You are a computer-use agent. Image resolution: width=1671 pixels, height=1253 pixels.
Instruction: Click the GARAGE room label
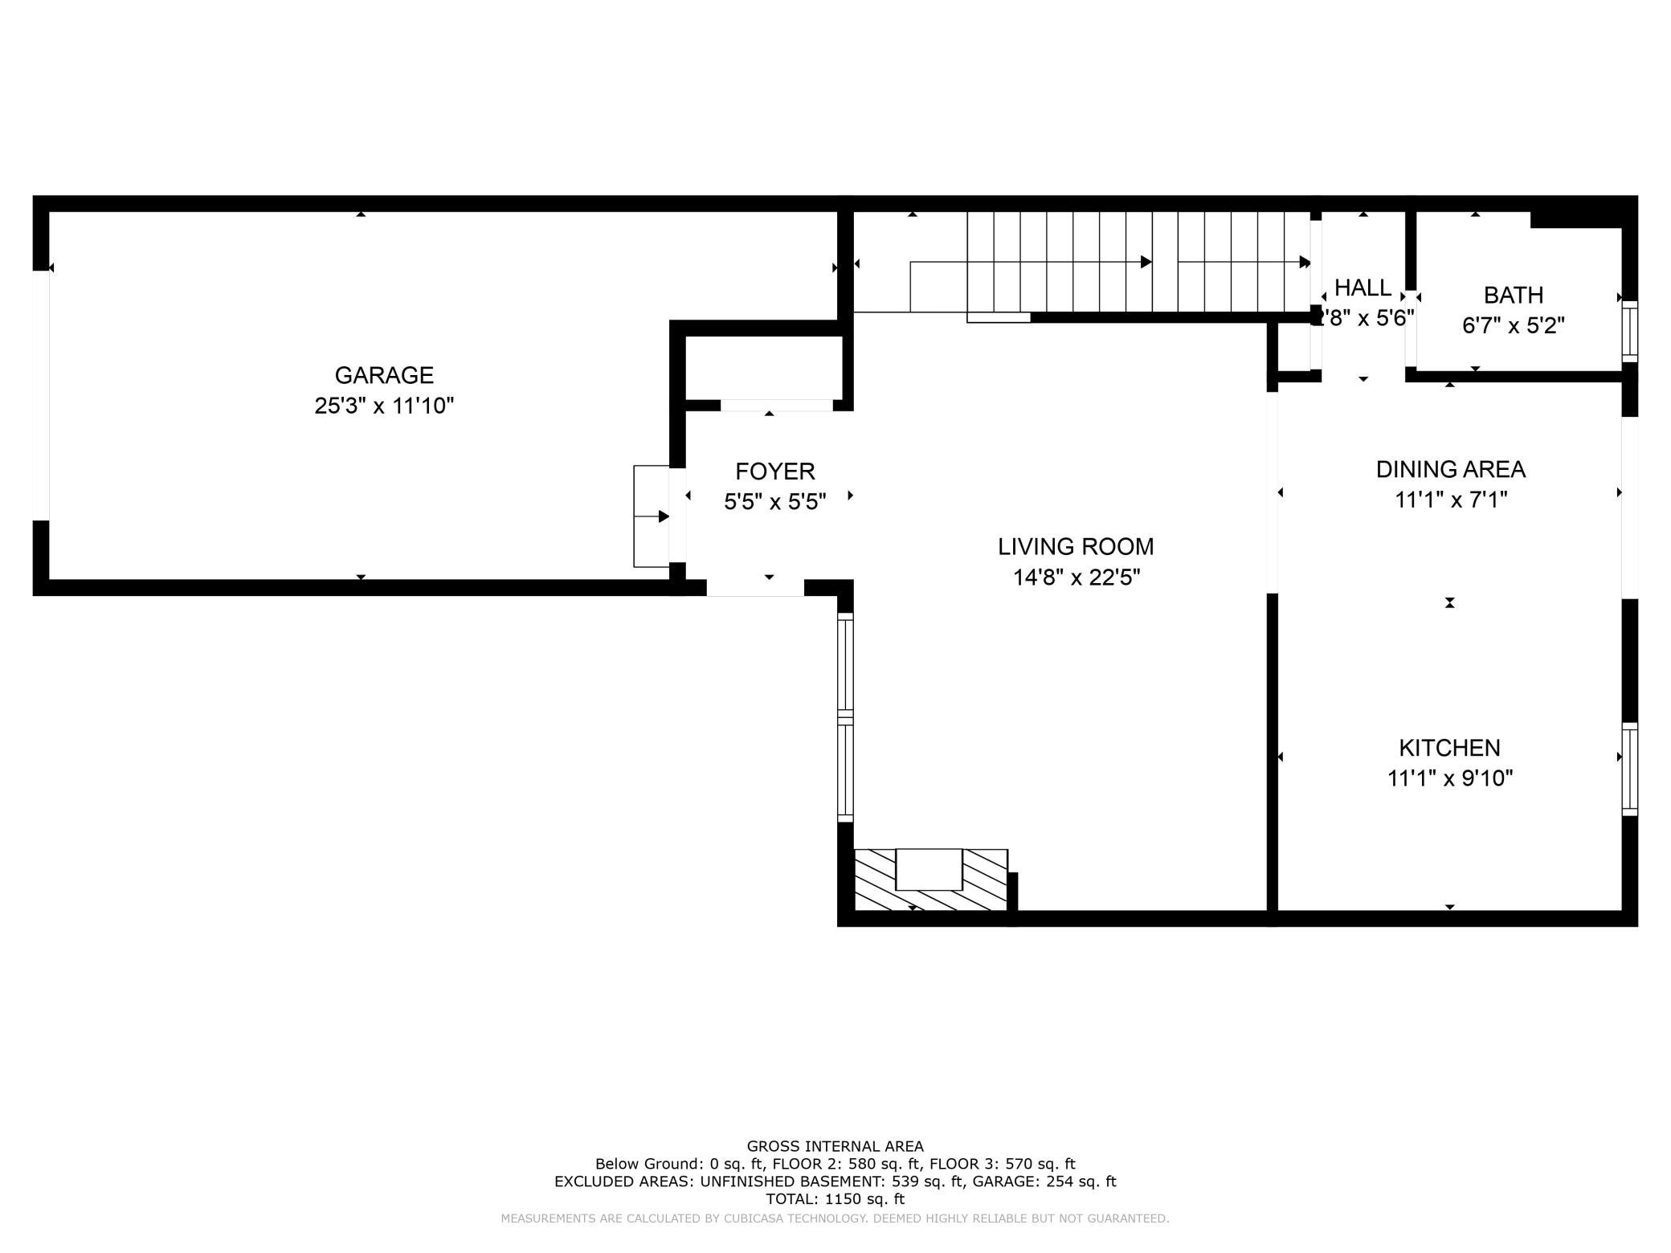[x=384, y=375]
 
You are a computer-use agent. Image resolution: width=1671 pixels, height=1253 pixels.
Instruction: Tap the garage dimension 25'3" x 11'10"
[x=384, y=406]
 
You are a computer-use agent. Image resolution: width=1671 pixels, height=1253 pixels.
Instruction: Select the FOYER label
[x=775, y=471]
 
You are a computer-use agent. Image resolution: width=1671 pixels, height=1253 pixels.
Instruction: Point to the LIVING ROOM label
[x=1076, y=546]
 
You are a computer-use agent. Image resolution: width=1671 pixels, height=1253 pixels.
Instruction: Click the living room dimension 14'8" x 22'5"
[x=1077, y=578]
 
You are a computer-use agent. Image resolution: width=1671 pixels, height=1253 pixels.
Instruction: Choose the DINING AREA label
[x=1451, y=469]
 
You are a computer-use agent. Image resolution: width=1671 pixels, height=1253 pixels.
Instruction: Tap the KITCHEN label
[x=1450, y=748]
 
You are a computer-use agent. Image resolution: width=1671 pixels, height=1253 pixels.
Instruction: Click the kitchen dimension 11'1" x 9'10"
[x=1450, y=778]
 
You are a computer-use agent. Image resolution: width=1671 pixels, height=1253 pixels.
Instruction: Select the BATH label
[x=1514, y=295]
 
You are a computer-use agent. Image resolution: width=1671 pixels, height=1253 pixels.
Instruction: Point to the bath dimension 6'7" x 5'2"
[x=1514, y=325]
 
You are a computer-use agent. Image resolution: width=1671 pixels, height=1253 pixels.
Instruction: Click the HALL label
[x=1363, y=288]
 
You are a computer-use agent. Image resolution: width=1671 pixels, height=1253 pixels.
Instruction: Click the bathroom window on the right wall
[x=1629, y=332]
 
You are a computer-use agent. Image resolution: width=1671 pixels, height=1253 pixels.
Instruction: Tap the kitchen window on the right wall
[x=1629, y=769]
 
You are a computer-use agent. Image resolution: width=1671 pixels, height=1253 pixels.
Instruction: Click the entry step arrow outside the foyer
[x=652, y=516]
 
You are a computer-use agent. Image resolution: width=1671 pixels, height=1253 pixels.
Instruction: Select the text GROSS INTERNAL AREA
[x=835, y=1146]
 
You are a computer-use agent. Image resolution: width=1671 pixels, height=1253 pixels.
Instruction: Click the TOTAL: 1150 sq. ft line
[x=835, y=1199]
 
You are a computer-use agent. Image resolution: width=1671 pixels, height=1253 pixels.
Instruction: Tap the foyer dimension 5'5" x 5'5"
[x=775, y=502]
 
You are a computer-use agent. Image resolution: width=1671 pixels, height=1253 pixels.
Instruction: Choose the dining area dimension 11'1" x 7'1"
[x=1451, y=500]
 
